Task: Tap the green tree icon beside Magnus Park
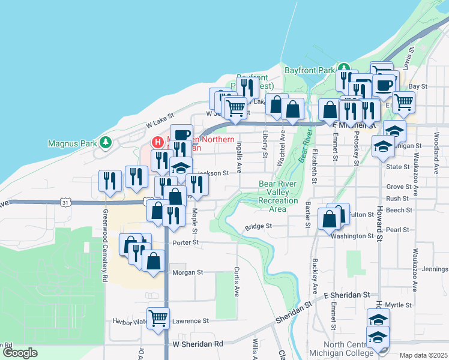click(106, 142)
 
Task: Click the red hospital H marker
click(157, 142)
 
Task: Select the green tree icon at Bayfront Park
click(343, 67)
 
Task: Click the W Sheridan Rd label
click(197, 344)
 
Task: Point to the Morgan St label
click(188, 272)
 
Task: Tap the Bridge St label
click(259, 227)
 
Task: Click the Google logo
click(20, 353)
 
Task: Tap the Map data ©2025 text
click(423, 355)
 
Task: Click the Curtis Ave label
click(237, 282)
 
